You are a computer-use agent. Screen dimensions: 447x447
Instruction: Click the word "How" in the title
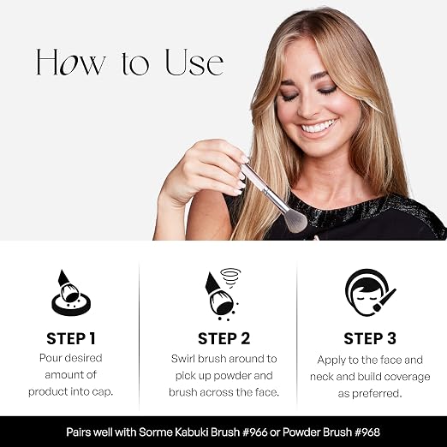pos(71,62)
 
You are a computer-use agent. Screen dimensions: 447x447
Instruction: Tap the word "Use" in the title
pos(194,62)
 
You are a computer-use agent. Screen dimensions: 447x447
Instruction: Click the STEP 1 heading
pos(71,338)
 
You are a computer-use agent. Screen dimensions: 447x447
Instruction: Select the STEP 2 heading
pos(223,338)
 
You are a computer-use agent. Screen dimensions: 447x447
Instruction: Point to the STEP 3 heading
pos(370,338)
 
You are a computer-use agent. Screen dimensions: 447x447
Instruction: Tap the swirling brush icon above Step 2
pos(223,295)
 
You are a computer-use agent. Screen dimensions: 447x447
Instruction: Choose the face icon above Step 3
pos(370,292)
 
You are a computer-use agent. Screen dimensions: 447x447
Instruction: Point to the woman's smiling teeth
pos(319,127)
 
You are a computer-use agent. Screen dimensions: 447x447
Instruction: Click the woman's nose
pos(307,109)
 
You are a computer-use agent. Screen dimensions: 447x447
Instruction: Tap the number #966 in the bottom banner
pos(254,432)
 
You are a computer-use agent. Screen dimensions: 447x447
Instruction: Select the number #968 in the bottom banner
pos(367,432)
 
